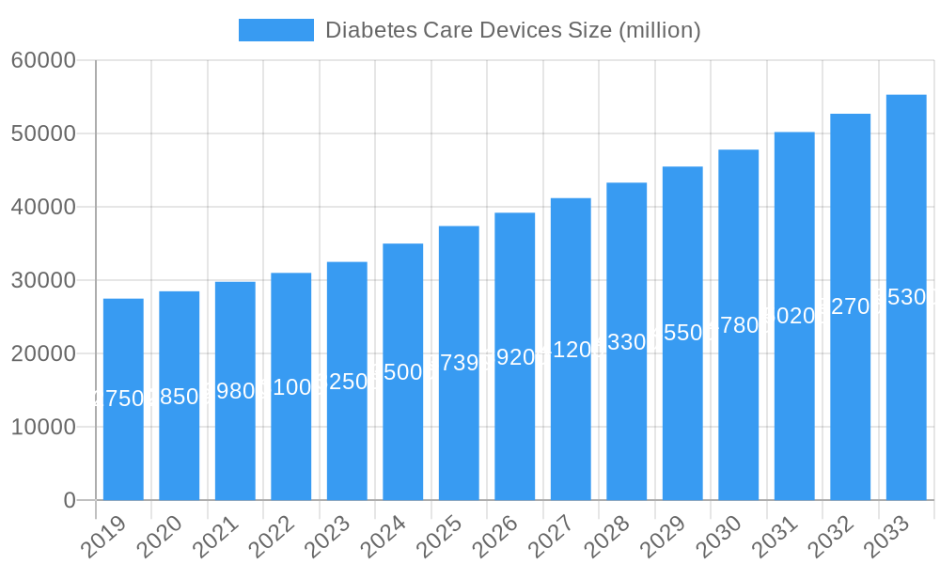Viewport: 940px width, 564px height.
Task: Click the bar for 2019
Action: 123,399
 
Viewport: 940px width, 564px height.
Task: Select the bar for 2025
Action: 459,363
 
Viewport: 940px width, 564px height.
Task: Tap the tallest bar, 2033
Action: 906,297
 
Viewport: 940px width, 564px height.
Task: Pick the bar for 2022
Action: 291,386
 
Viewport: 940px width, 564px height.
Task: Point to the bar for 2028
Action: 627,341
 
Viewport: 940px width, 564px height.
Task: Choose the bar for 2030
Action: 739,324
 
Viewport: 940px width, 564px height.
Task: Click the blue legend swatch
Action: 276,30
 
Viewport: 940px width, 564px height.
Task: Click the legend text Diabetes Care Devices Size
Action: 512,30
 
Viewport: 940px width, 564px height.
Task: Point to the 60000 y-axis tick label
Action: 43,60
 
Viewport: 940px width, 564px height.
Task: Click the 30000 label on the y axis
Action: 43,280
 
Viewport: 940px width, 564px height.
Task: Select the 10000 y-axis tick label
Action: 43,427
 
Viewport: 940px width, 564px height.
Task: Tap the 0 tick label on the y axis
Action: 70,500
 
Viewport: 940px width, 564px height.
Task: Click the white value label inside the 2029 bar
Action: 682,333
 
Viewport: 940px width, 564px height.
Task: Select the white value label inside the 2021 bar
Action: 235,391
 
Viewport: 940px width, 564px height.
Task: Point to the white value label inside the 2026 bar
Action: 515,357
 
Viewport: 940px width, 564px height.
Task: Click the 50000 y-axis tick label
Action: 43,133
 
